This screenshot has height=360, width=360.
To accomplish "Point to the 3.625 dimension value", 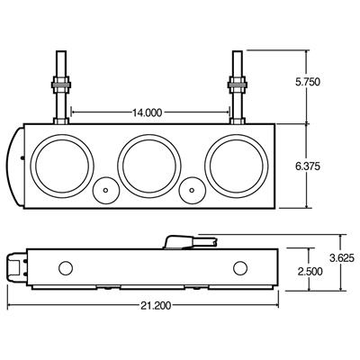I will pyautogui.click(x=340, y=256).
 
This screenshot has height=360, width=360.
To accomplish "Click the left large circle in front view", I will pyautogui.click(x=60, y=163).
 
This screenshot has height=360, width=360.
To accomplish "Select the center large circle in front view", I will pyautogui.click(x=148, y=163).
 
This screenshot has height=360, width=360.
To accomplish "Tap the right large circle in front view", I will pyautogui.click(x=235, y=163).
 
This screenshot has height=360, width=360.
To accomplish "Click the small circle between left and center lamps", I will pyautogui.click(x=105, y=191).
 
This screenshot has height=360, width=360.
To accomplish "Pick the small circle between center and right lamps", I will pyautogui.click(x=192, y=191).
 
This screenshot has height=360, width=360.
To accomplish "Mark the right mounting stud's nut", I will pyautogui.click(x=238, y=91).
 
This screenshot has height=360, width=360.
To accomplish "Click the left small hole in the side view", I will pyautogui.click(x=64, y=268).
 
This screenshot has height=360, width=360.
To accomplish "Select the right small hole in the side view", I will pyautogui.click(x=239, y=268).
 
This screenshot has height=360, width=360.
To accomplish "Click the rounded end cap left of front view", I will pyautogui.click(x=19, y=163).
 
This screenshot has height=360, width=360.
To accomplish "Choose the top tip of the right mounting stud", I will pyautogui.click(x=238, y=53).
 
